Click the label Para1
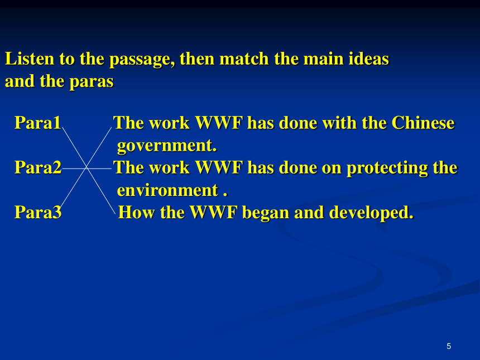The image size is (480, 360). point(37,123)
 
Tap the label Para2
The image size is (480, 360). point(38,167)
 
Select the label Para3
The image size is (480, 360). point(38,212)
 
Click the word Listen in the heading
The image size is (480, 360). point(30,59)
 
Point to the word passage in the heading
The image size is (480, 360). point(142,60)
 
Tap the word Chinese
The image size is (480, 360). point(423,123)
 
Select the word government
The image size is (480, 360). point(167,146)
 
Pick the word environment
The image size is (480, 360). point(167,190)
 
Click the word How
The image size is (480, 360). point(136,212)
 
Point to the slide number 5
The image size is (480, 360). point(449,346)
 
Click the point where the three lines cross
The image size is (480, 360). point(87,168)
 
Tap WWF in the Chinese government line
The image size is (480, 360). point(219,123)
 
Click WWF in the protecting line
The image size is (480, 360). point(219,167)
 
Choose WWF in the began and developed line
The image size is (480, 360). point(214,212)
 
